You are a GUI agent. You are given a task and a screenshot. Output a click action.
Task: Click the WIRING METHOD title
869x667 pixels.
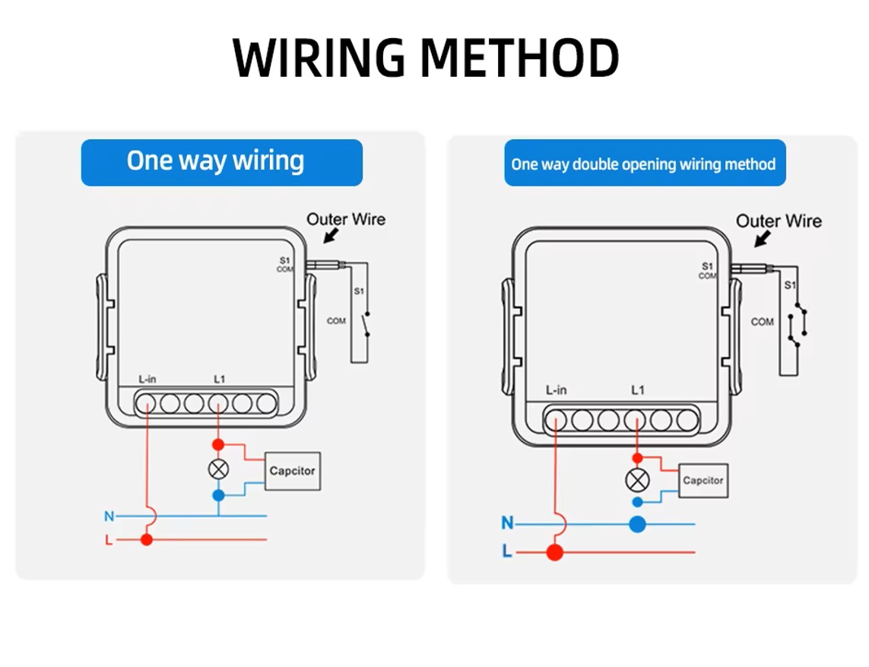[x=426, y=59]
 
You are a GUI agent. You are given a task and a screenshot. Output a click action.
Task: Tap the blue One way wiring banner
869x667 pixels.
[x=221, y=162]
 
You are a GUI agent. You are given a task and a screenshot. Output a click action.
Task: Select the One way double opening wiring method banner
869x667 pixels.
[x=644, y=164]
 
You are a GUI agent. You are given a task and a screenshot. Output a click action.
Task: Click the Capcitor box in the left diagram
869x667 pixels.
[x=292, y=471]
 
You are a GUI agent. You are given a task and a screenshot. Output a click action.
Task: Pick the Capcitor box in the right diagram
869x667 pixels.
[x=702, y=481]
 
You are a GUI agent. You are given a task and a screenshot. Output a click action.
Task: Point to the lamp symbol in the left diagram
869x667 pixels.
[x=218, y=469]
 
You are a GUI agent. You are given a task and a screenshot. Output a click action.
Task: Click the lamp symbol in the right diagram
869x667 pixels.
[x=637, y=480]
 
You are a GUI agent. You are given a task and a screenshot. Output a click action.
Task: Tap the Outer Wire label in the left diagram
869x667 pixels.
[x=346, y=219]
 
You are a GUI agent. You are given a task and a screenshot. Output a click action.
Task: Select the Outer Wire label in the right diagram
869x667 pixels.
[x=779, y=221]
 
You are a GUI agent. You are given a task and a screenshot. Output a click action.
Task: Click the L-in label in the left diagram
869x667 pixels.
[x=147, y=379]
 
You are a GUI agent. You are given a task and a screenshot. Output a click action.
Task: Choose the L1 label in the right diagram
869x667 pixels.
[x=638, y=390]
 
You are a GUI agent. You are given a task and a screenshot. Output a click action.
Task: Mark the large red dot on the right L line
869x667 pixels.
[x=555, y=552]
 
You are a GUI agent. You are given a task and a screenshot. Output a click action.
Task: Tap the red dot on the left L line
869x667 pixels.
[x=147, y=540]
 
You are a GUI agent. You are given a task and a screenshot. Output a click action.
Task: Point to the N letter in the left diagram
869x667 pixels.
[x=109, y=516]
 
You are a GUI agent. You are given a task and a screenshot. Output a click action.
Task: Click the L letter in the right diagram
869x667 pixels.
[x=507, y=552]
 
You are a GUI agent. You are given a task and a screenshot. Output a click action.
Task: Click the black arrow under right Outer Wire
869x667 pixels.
[x=761, y=239]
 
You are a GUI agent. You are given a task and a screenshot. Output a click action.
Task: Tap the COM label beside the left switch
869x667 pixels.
[x=336, y=321]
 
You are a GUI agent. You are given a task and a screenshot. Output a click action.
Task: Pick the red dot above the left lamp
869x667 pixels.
[x=218, y=444]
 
